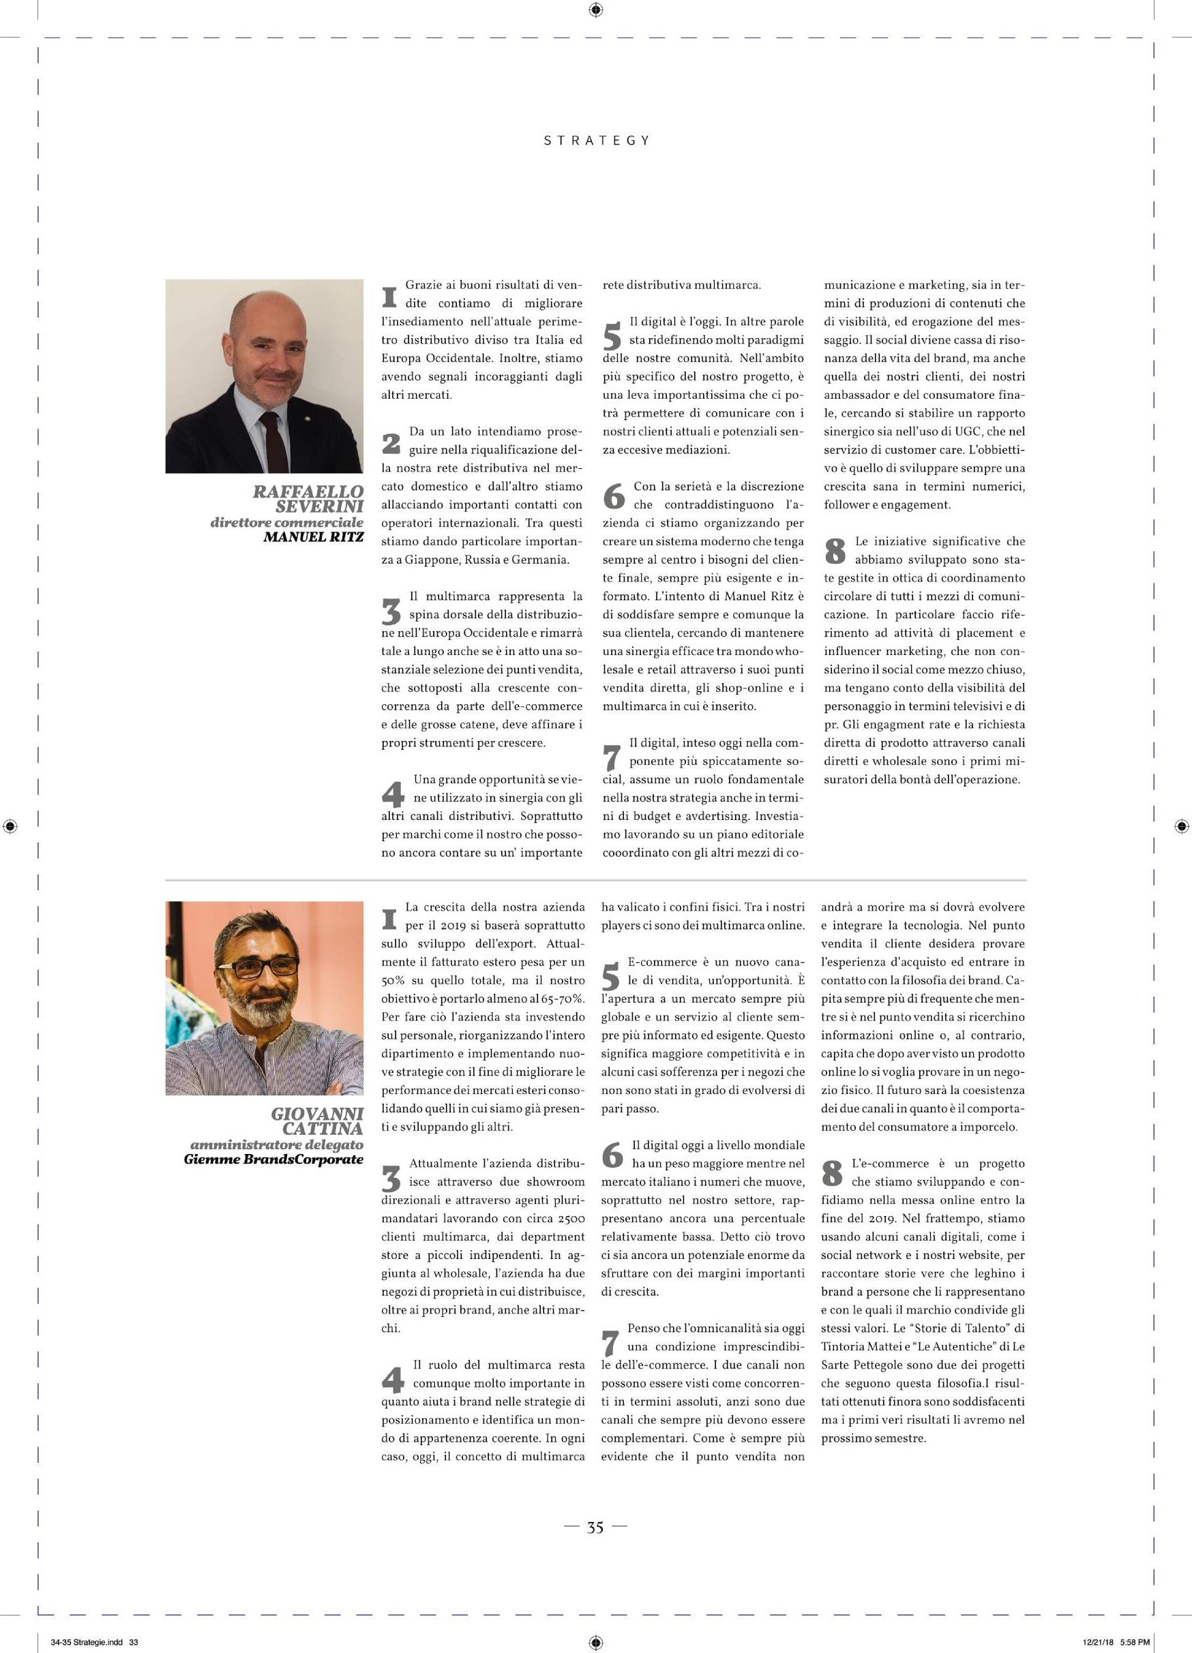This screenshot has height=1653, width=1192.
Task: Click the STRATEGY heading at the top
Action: [597, 140]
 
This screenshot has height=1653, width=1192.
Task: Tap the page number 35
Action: [595, 1528]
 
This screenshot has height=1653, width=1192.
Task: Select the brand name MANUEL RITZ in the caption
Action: [314, 537]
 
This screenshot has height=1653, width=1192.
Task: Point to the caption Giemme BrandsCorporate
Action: [273, 1159]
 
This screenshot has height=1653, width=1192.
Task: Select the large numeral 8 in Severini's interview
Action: [835, 551]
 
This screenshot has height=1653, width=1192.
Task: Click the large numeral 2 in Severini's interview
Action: [391, 442]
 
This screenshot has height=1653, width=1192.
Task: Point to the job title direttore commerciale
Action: [286, 522]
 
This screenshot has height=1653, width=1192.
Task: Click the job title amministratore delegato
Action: [276, 1144]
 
